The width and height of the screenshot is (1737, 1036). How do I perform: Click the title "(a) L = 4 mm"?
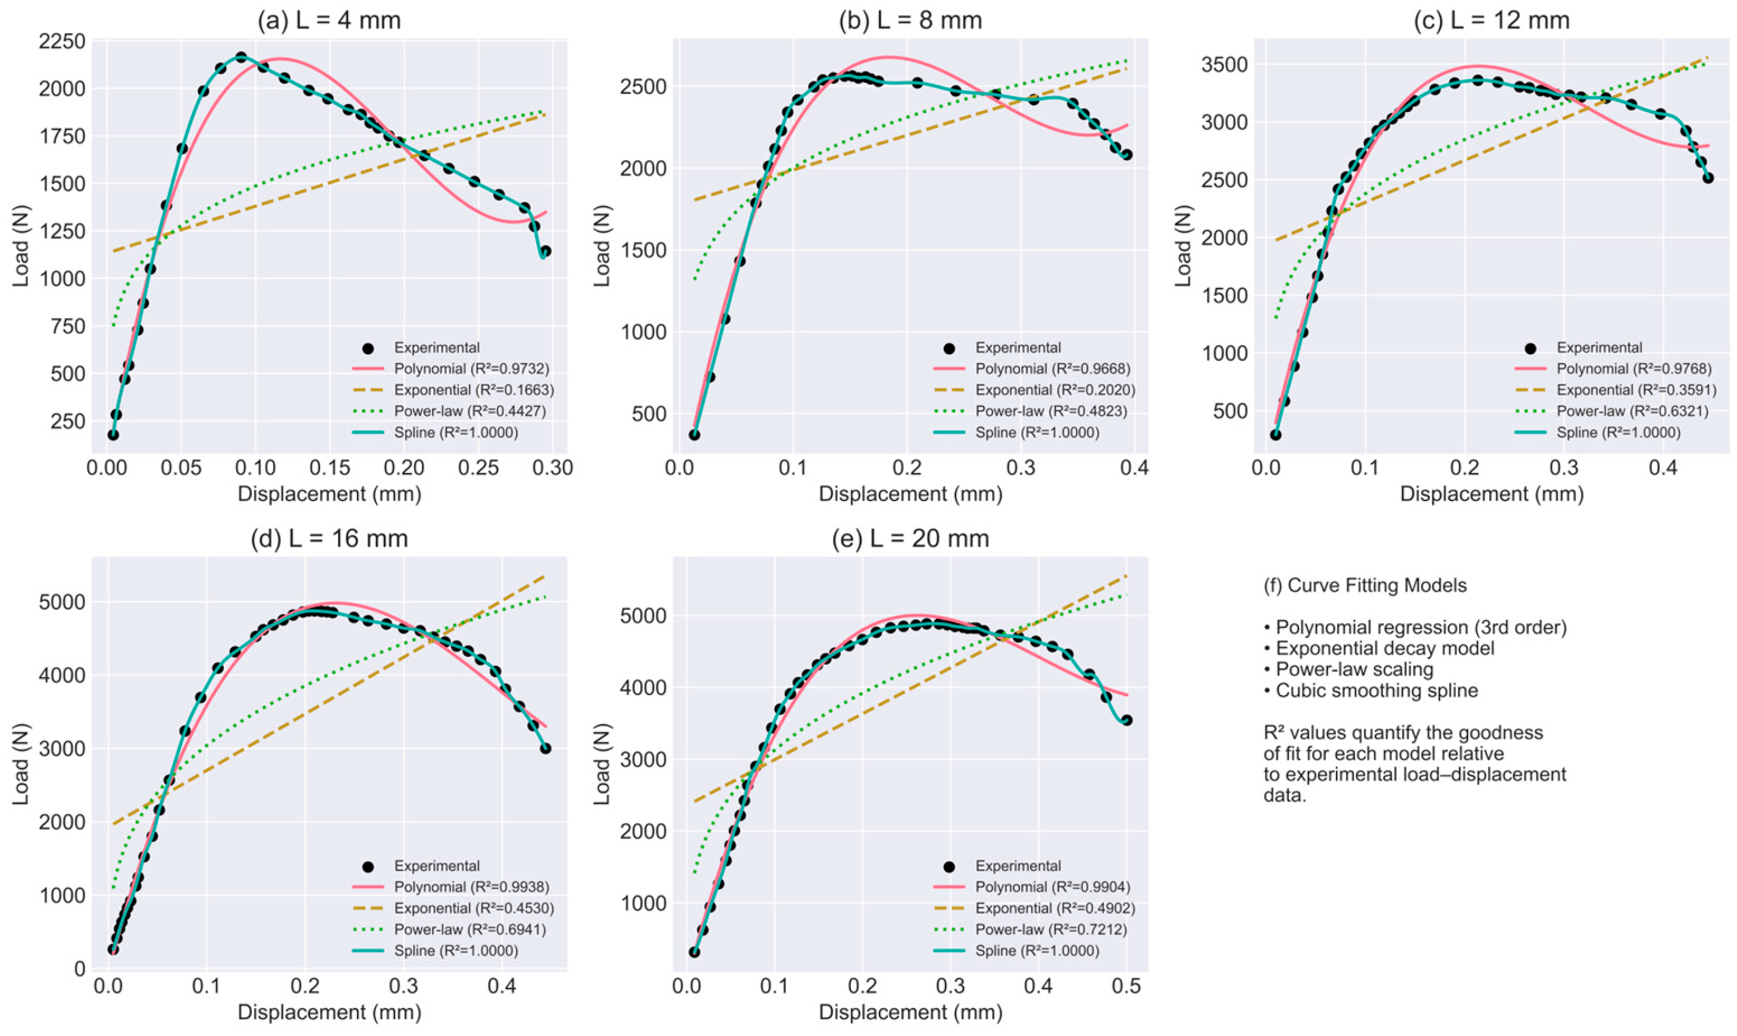pos(330,20)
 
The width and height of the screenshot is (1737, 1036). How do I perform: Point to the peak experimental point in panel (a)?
pos(242,57)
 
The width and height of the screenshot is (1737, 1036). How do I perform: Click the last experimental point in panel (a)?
pos(545,251)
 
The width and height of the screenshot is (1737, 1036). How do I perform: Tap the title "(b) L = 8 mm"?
pos(910,20)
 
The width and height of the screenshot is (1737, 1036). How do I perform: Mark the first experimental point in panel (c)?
pos(1275,434)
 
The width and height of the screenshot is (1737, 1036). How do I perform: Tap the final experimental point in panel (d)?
pos(545,749)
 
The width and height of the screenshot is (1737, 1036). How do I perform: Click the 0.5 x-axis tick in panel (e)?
pos(1126,986)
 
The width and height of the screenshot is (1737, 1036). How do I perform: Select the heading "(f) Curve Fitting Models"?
pos(1365,585)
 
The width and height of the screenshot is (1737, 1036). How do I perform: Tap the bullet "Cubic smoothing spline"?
pos(1370,691)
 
